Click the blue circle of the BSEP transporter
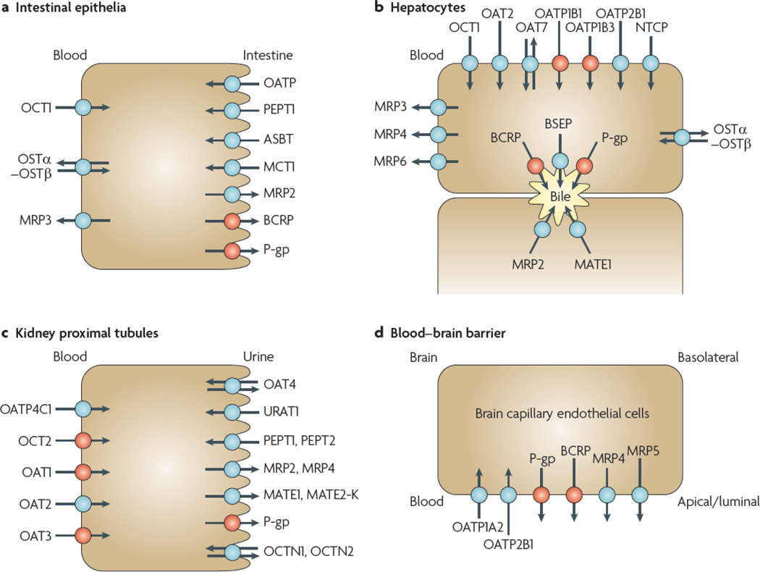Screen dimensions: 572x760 point(560,161)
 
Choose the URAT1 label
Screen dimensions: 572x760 point(281,413)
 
